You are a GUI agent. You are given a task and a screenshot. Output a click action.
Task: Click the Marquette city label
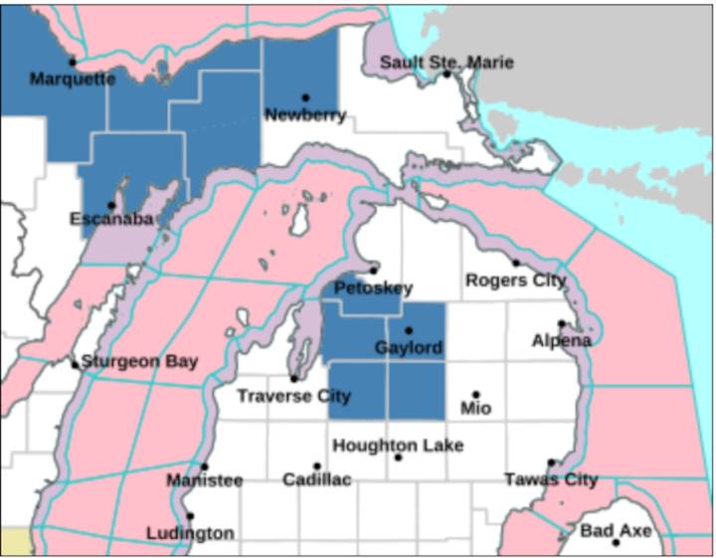[x=72, y=79]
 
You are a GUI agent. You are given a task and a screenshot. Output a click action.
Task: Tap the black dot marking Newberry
[x=305, y=97]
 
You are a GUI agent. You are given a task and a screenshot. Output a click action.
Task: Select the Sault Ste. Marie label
[x=447, y=63]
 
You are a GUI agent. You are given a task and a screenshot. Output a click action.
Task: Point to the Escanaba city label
[x=110, y=218]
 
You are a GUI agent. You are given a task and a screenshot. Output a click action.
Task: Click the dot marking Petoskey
[x=374, y=270]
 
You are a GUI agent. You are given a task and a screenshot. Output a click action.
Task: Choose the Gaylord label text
[x=408, y=348]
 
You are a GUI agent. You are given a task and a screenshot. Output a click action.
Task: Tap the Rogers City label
[x=515, y=280]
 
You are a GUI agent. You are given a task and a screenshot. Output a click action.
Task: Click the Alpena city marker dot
[x=561, y=323]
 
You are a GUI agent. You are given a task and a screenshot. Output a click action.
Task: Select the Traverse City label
[x=293, y=396]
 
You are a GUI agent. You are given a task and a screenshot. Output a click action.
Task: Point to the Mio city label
[x=475, y=408]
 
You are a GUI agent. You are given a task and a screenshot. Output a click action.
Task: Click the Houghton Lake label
[x=398, y=445]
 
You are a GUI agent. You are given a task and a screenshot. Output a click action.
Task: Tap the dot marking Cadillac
[x=317, y=465]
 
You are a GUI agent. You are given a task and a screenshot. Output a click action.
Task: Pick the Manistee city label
[x=204, y=480]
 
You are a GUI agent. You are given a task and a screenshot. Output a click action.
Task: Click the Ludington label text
[x=190, y=533]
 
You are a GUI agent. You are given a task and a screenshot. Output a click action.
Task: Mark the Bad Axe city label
[x=616, y=531]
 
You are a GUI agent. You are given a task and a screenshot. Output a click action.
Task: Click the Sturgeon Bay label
[x=139, y=362]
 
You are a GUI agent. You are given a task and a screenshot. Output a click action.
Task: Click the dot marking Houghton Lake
[x=398, y=458]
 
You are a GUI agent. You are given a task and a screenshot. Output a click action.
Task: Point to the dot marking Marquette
[x=72, y=63]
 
